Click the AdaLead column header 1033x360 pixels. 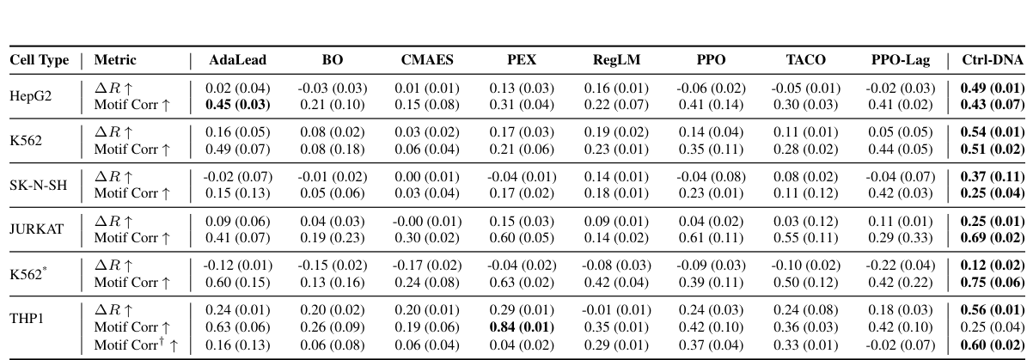(238, 60)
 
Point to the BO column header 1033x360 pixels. (332, 60)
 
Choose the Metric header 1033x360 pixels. (115, 60)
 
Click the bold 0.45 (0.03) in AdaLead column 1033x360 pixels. (237, 103)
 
